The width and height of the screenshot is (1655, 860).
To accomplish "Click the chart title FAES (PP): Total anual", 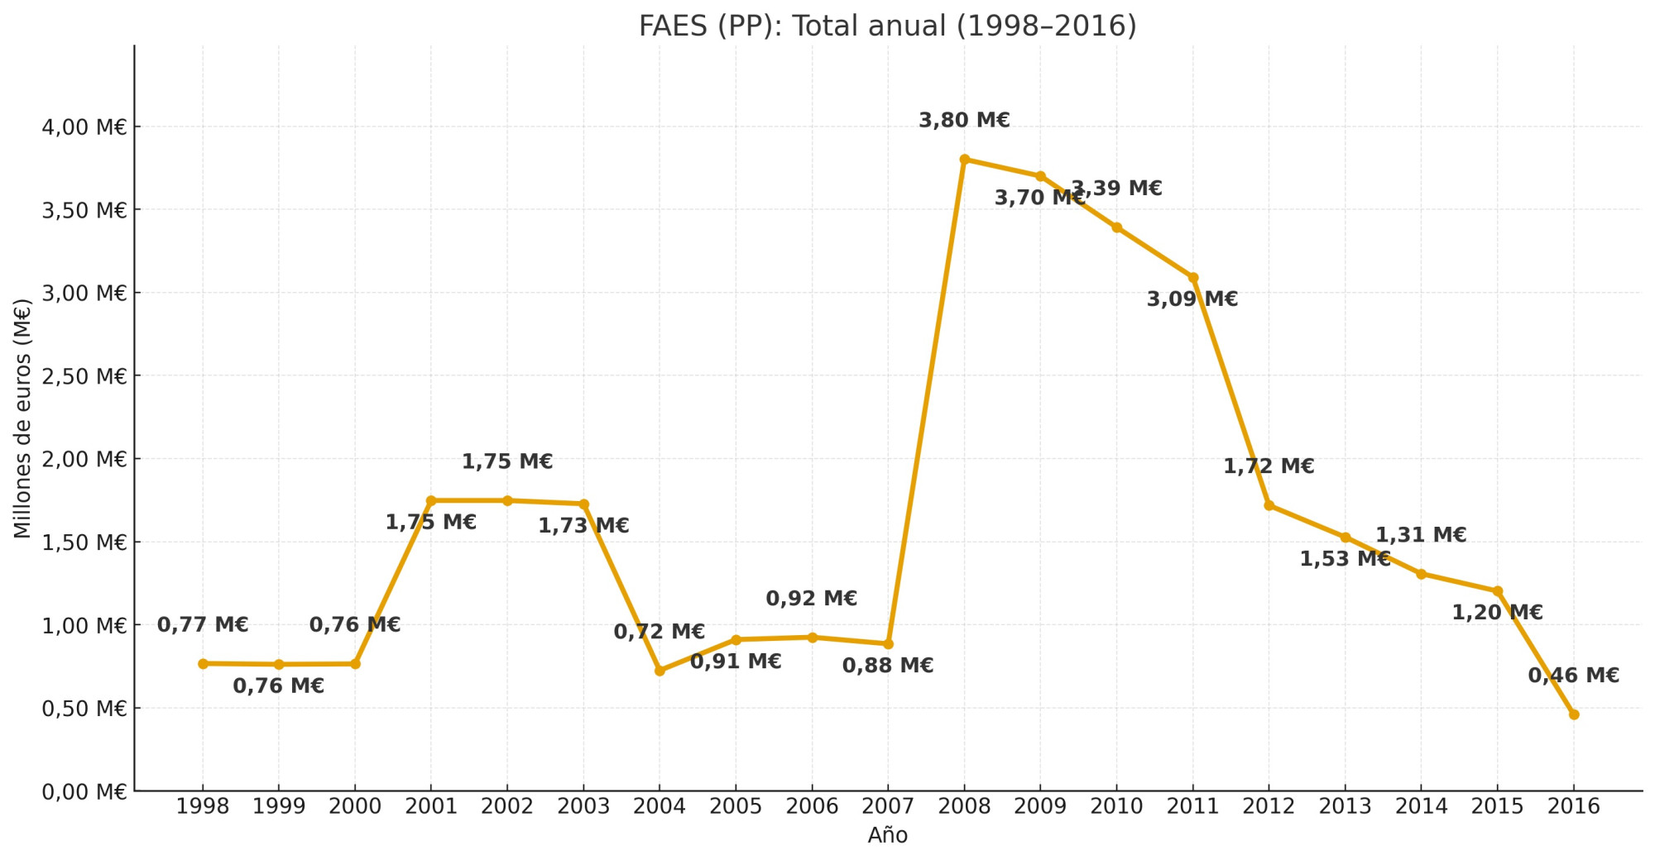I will pyautogui.click(x=887, y=26).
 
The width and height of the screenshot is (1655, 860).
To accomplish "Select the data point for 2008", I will pyautogui.click(x=964, y=160).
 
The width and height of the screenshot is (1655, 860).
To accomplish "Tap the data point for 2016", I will pyautogui.click(x=1573, y=714).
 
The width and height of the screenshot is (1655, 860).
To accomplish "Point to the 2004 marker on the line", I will pyautogui.click(x=660, y=671).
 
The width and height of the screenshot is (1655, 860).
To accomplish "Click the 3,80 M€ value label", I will pyautogui.click(x=964, y=121).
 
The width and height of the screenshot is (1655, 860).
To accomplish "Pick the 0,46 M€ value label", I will pyautogui.click(x=1573, y=676).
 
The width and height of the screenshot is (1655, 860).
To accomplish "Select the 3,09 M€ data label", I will pyautogui.click(x=1192, y=299).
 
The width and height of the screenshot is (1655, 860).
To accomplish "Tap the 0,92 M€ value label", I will pyautogui.click(x=811, y=599).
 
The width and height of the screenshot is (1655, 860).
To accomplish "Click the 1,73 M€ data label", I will pyautogui.click(x=583, y=526).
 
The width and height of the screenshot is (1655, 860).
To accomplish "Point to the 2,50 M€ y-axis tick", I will pyautogui.click(x=84, y=376).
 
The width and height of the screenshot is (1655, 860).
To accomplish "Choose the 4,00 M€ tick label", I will pyautogui.click(x=84, y=127).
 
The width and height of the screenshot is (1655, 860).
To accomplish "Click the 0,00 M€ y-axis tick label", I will pyautogui.click(x=84, y=792).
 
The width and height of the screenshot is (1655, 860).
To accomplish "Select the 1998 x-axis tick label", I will pyautogui.click(x=203, y=806).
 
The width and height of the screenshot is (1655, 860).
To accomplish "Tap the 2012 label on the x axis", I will pyautogui.click(x=1269, y=806).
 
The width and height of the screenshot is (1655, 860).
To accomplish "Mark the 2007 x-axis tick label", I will pyautogui.click(x=888, y=806).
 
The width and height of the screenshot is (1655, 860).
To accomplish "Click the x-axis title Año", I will pyautogui.click(x=887, y=836).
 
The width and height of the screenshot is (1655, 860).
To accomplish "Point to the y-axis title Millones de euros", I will pyautogui.click(x=22, y=418).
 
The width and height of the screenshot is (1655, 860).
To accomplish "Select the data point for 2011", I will pyautogui.click(x=1192, y=278).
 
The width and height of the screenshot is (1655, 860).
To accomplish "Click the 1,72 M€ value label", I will pyautogui.click(x=1269, y=466).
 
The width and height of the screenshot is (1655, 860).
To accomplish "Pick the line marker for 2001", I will pyautogui.click(x=431, y=500).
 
